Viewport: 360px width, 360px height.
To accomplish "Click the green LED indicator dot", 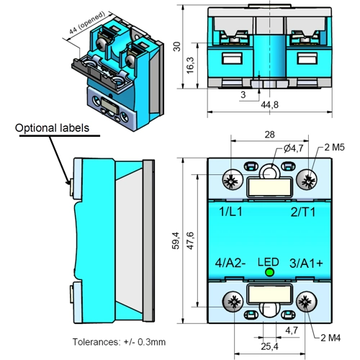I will pos(269,273).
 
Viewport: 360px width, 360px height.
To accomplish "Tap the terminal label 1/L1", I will pos(233,213).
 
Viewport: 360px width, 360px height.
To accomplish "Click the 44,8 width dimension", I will pos(269,105).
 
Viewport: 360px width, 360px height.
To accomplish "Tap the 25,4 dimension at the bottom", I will pos(269,346).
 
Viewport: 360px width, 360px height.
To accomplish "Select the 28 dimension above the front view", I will pos(269,135).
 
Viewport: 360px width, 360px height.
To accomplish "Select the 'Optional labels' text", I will pos(53,128).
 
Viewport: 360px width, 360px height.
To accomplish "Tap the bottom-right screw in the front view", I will pos(305,302).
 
